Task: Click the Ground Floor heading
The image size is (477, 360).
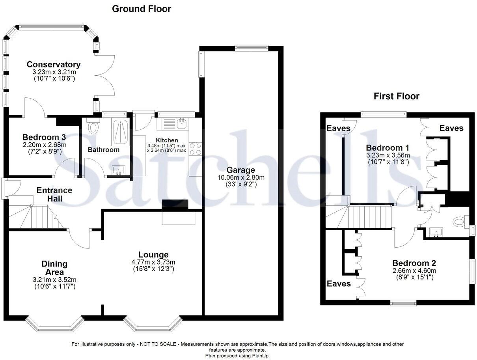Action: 142,9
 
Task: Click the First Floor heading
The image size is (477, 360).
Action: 397,96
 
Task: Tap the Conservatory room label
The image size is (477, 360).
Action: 54,65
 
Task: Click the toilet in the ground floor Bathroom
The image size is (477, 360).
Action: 93,127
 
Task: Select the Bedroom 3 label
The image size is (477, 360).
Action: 44,137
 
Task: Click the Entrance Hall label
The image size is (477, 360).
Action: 54,194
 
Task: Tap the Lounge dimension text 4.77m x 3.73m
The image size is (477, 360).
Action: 153,262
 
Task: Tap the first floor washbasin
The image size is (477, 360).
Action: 436,232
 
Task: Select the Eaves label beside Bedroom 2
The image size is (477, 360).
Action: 339,284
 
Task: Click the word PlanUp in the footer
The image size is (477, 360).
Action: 259,356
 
